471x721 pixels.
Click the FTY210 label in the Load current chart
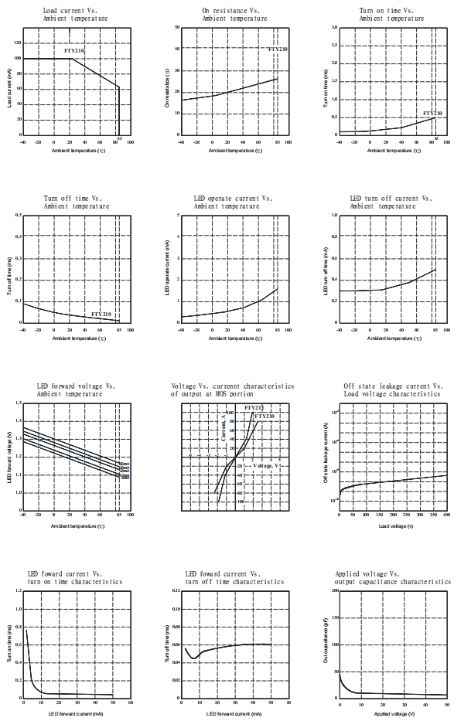tap(74, 50)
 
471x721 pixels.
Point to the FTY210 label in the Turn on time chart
tap(433, 113)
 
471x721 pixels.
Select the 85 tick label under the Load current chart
tap(119, 139)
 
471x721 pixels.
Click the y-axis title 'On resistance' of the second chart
tap(168, 81)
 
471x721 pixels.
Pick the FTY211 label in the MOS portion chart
tap(254, 407)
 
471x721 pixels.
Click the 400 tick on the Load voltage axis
tap(446, 515)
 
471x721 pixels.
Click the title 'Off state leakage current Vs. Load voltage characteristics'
tap(393, 389)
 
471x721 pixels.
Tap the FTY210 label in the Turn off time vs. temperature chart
tap(101, 315)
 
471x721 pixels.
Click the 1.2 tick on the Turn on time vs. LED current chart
tap(16, 590)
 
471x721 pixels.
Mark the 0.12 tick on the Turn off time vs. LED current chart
tap(174, 590)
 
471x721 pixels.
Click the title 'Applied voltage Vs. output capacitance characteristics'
tap(393, 578)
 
